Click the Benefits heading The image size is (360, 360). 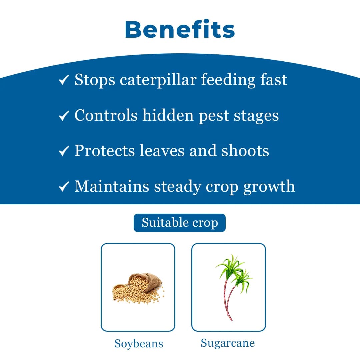point(180,29)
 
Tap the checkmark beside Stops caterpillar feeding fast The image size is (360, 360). point(64,80)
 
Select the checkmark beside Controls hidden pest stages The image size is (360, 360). point(64,115)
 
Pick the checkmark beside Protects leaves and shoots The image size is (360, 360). point(64,151)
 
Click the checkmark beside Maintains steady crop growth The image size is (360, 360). point(64,186)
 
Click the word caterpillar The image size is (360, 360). point(158,80)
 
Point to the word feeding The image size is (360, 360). point(228,80)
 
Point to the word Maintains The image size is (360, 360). point(112,186)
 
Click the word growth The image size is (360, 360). point(269,187)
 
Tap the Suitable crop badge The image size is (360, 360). point(180,223)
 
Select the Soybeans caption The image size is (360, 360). point(139,344)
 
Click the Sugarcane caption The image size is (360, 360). point(228,343)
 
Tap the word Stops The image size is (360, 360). point(95,80)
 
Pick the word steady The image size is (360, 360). point(177,187)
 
